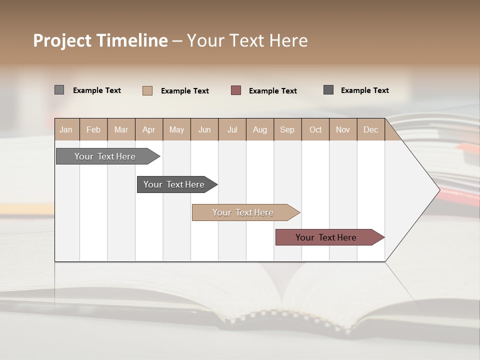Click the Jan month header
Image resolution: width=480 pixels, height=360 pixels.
(66, 129)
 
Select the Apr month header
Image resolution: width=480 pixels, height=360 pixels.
(148, 129)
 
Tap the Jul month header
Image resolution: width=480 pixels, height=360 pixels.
(232, 129)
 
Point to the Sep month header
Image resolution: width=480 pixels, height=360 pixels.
(287, 129)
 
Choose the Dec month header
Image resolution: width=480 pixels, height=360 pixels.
(370, 129)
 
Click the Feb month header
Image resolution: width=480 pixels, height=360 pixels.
(93, 129)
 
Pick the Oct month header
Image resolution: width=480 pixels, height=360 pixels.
(315, 129)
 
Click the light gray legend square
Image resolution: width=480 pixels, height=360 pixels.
(59, 90)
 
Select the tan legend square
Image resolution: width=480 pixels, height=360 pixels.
(147, 90)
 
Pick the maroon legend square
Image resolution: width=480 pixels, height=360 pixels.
(236, 90)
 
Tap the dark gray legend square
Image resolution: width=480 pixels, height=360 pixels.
(328, 90)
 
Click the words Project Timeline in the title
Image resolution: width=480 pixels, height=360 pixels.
(100, 40)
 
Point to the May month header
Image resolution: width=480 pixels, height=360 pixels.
(176, 129)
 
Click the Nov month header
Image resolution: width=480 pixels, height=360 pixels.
(343, 129)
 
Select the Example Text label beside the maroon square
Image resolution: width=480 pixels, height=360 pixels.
(273, 90)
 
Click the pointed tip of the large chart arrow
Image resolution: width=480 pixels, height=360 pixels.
(438, 190)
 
